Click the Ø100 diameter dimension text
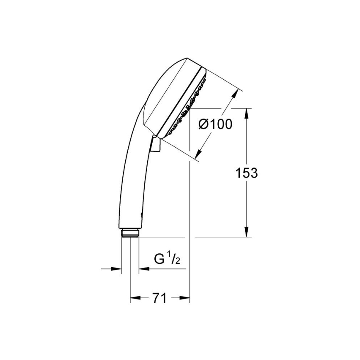[x=215, y=124]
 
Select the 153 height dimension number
[x=246, y=173]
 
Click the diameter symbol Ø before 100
[x=203, y=124]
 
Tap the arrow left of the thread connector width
[x=117, y=269]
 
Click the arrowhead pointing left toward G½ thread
[x=144, y=269]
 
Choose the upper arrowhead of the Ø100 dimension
[x=237, y=92]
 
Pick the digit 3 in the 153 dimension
[x=253, y=173]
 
